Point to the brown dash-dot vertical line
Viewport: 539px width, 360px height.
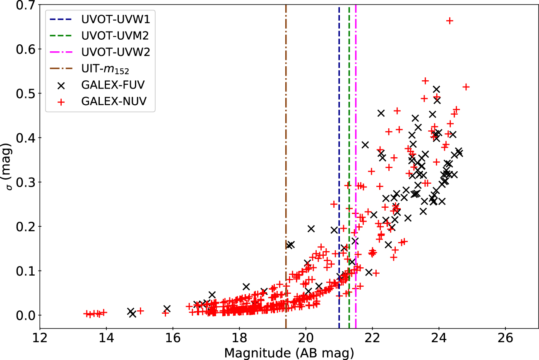pyautogui.click(x=286, y=166)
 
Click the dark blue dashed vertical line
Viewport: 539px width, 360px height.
pyautogui.click(x=339, y=166)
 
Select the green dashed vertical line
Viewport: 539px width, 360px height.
pyautogui.click(x=349, y=166)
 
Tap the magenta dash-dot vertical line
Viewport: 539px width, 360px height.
pyautogui.click(x=356, y=166)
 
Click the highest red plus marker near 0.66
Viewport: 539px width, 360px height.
pyautogui.click(x=450, y=21)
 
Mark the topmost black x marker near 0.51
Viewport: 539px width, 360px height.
pyautogui.click(x=436, y=89)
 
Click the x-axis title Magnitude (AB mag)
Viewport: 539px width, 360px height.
pyautogui.click(x=289, y=353)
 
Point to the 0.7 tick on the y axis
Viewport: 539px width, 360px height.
pyautogui.click(x=26, y=5)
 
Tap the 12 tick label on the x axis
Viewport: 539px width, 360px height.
pyautogui.click(x=40, y=337)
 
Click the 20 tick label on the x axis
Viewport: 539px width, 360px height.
pyautogui.click(x=306, y=337)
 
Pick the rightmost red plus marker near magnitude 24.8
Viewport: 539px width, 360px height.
pyautogui.click(x=466, y=87)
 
